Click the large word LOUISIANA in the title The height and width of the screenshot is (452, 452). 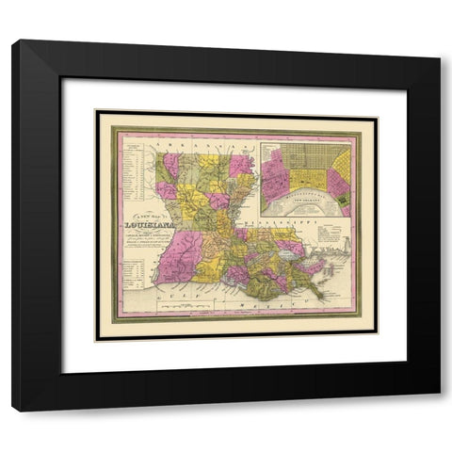pyautogui.click(x=147, y=225)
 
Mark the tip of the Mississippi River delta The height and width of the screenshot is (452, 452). pyautogui.click(x=321, y=297)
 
